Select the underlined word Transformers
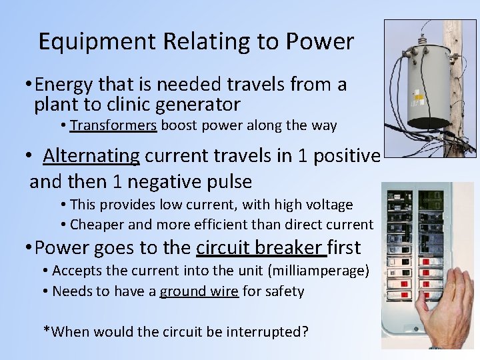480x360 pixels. (x=113, y=125)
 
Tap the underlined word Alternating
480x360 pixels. (x=91, y=156)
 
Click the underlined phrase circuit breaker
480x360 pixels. (x=261, y=248)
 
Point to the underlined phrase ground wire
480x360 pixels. (x=199, y=291)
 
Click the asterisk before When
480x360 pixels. (x=46, y=330)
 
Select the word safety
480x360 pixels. (x=284, y=291)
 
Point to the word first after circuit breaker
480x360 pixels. (x=344, y=248)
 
